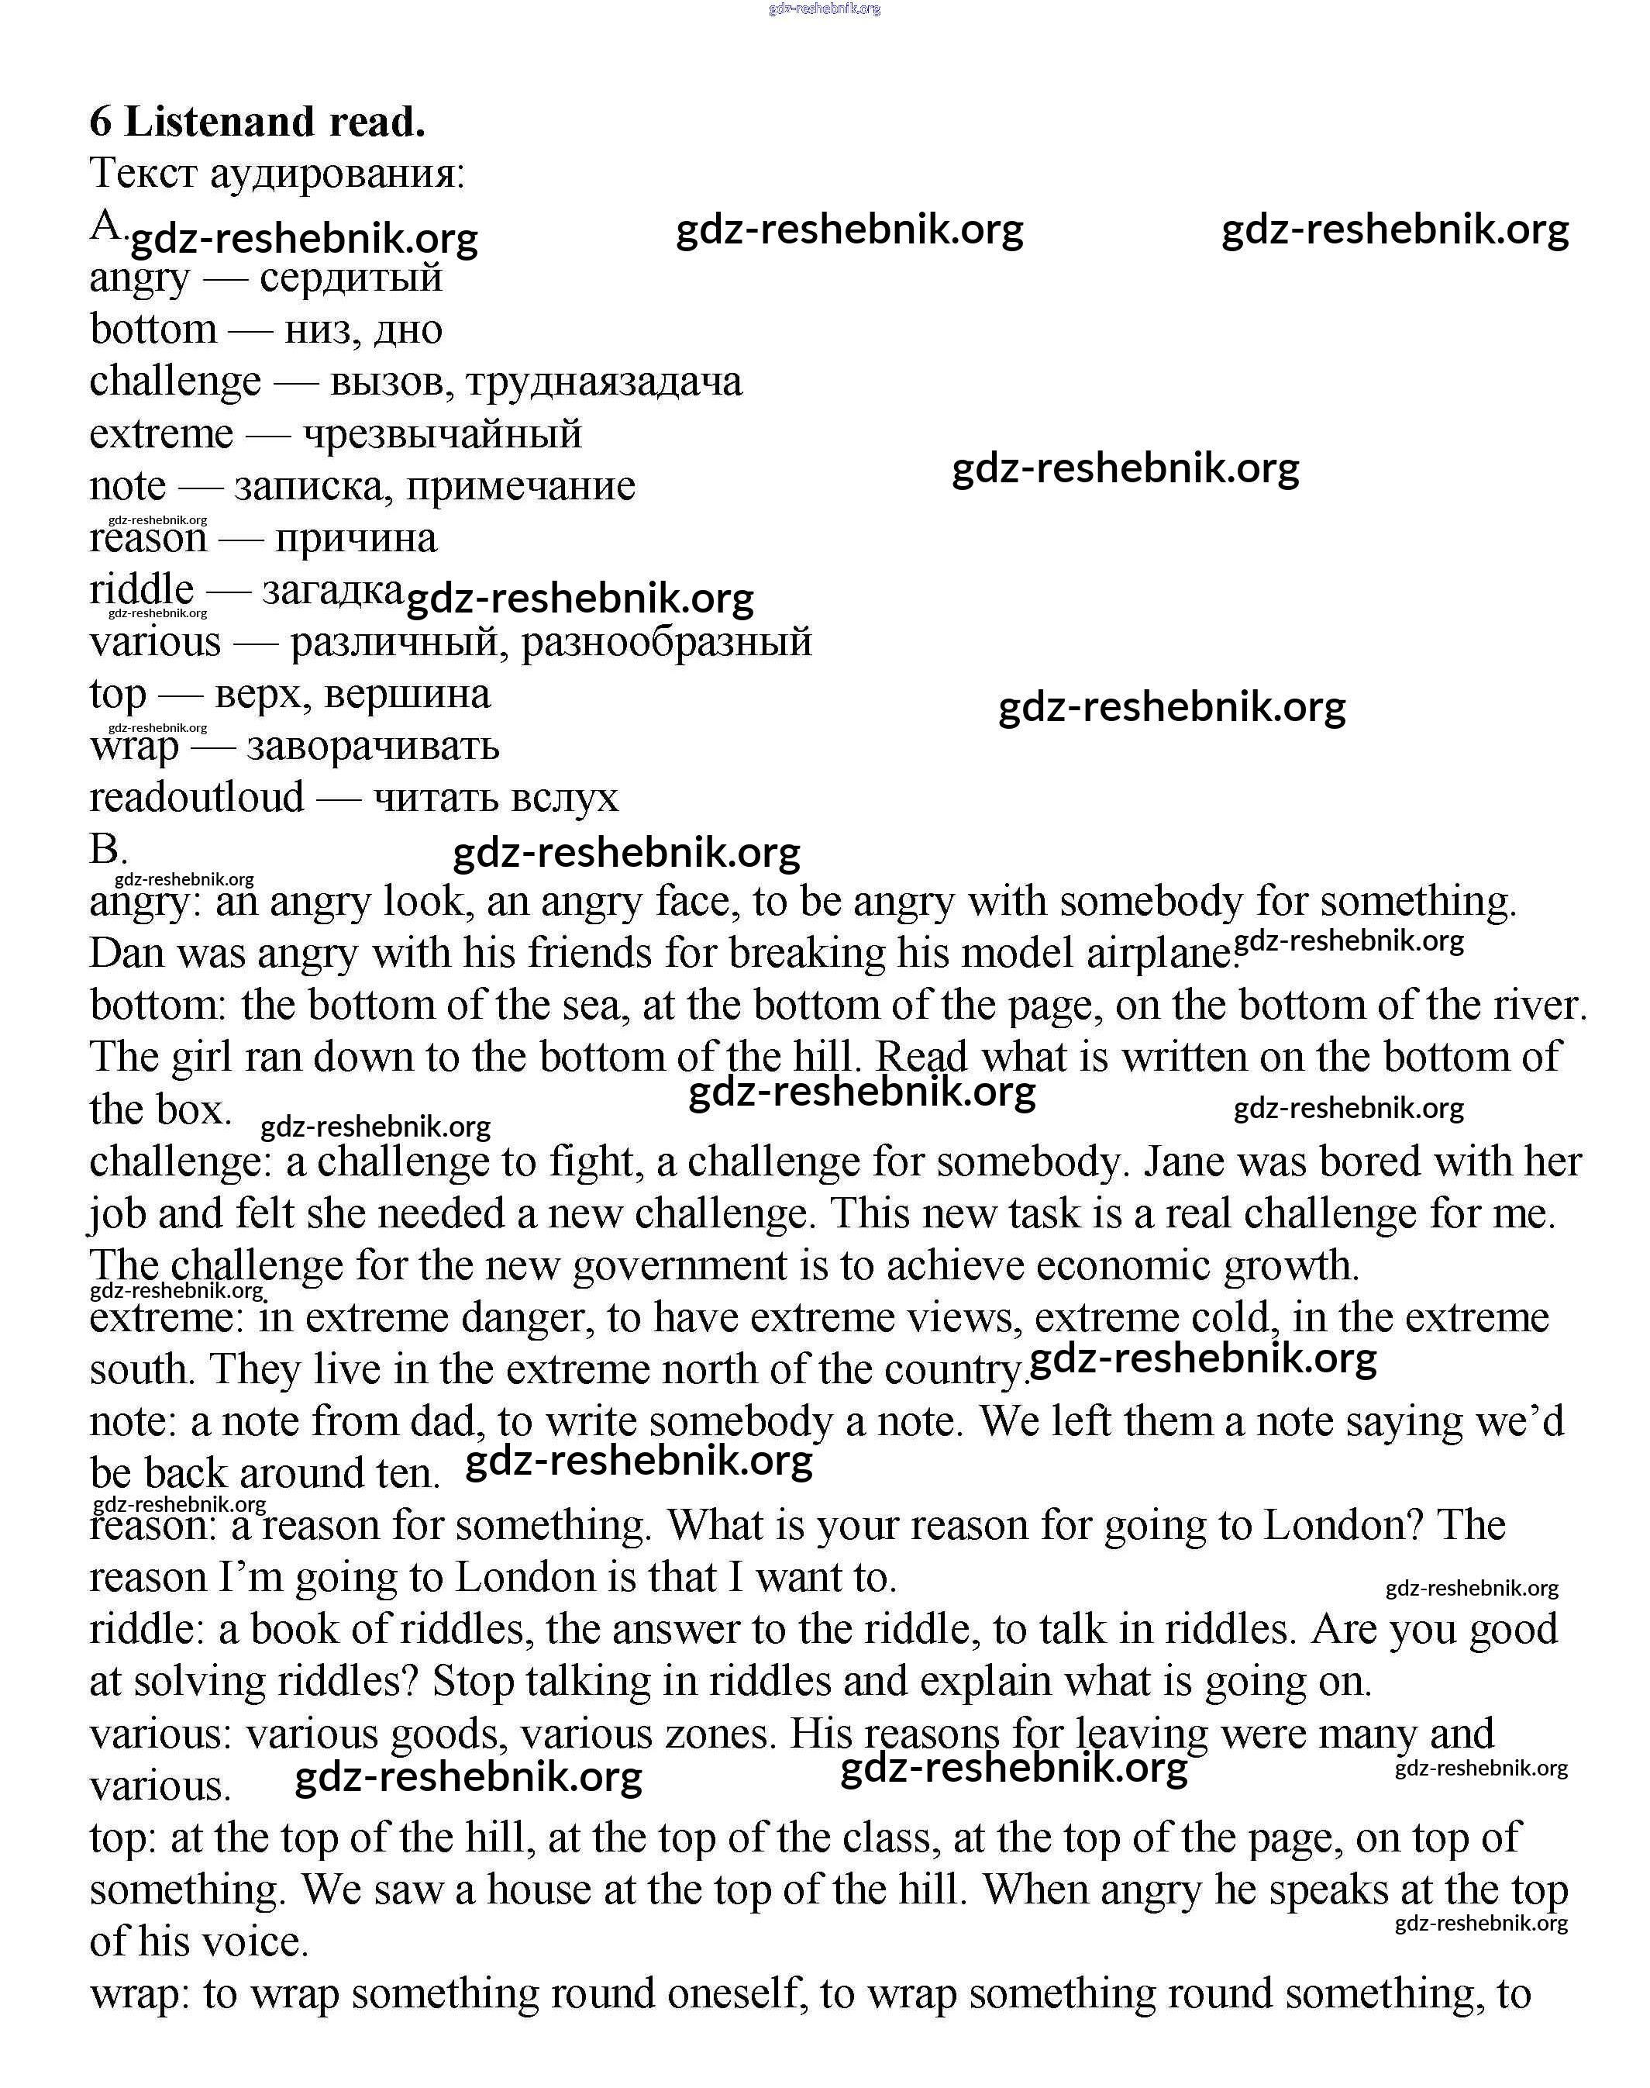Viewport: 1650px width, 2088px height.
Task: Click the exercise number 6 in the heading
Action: click(x=102, y=123)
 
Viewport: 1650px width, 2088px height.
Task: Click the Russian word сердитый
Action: click(x=350, y=278)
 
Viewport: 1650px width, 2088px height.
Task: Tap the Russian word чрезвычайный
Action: click(x=443, y=434)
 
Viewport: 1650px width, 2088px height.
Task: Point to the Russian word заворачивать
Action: click(x=373, y=746)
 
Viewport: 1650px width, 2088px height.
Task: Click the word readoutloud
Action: click(x=196, y=798)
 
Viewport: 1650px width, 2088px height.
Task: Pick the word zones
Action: click(x=720, y=1734)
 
